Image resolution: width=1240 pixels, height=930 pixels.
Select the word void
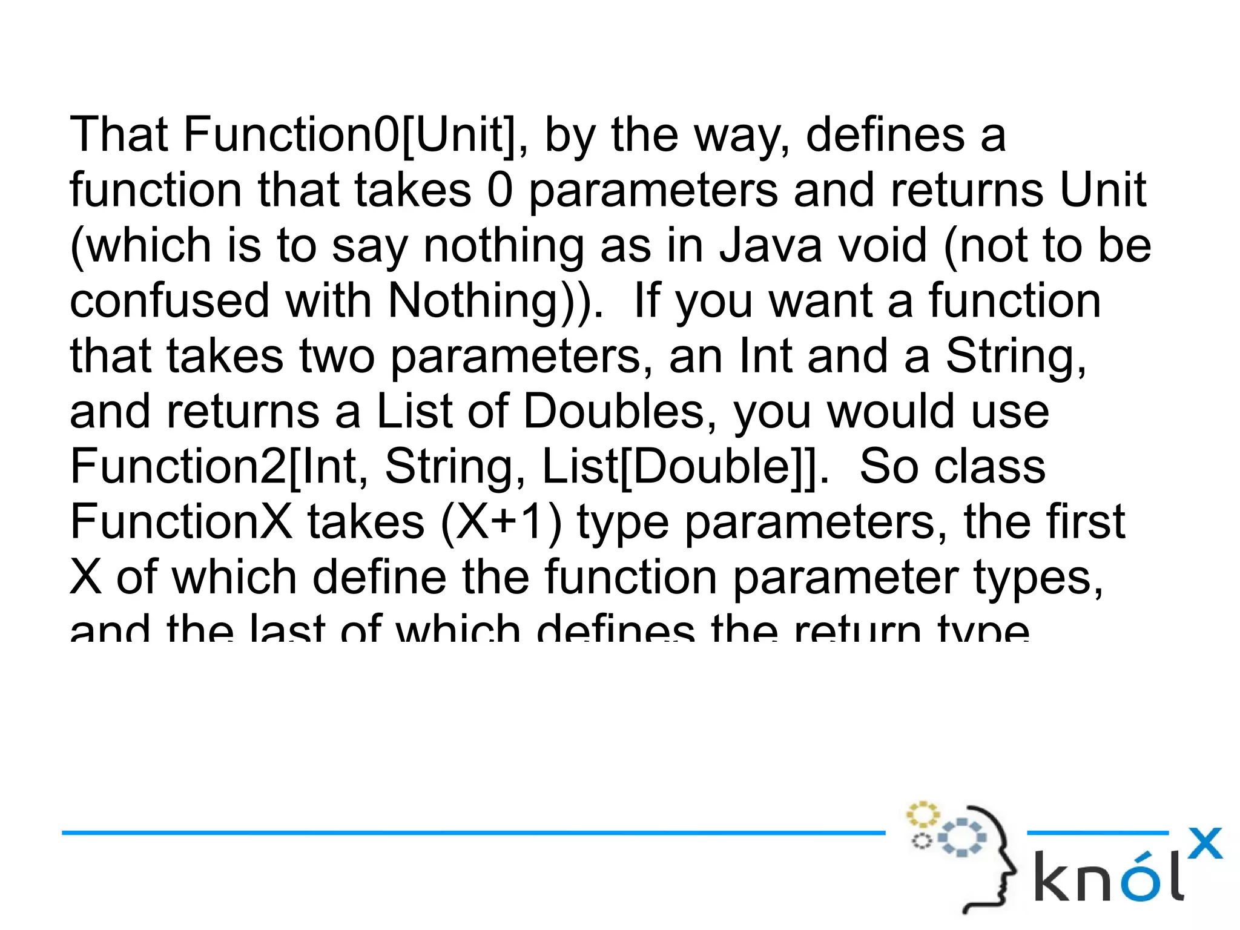pyautogui.click(x=884, y=246)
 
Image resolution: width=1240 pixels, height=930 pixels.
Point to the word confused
pyautogui.click(x=169, y=301)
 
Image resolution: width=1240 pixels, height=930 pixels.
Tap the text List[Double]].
pyautogui.click(x=685, y=467)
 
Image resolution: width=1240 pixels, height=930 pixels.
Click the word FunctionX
pyautogui.click(x=181, y=522)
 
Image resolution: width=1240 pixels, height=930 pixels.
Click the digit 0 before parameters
pyautogui.click(x=500, y=190)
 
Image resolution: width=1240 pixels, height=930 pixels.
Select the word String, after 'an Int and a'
pyautogui.click(x=1016, y=357)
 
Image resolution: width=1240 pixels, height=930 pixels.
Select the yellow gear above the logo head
pyautogui.click(x=922, y=815)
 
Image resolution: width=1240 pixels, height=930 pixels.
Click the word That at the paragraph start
pyautogui.click(x=119, y=134)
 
